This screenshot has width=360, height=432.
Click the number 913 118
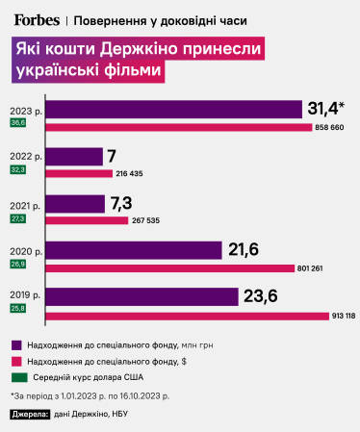(343, 315)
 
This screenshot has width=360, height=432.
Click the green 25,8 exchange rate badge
(18, 309)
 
